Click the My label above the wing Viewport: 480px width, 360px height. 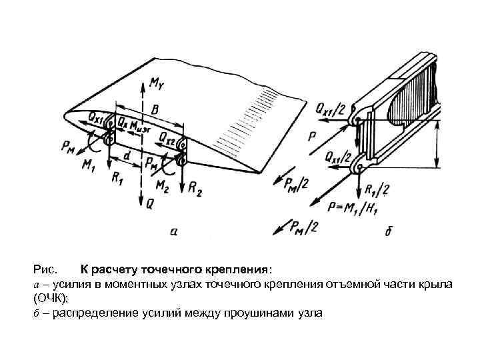(156, 85)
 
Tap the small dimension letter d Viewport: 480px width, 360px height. (127, 156)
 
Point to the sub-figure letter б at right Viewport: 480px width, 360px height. (389, 231)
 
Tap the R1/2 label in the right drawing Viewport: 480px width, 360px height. (377, 189)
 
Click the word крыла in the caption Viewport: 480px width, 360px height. (437, 285)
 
